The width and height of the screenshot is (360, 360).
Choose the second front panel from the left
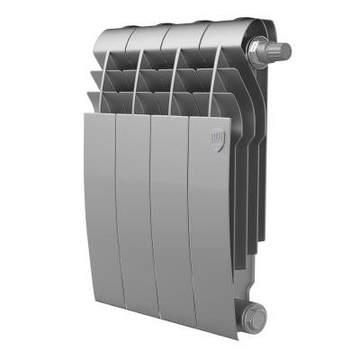coord(135,211)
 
